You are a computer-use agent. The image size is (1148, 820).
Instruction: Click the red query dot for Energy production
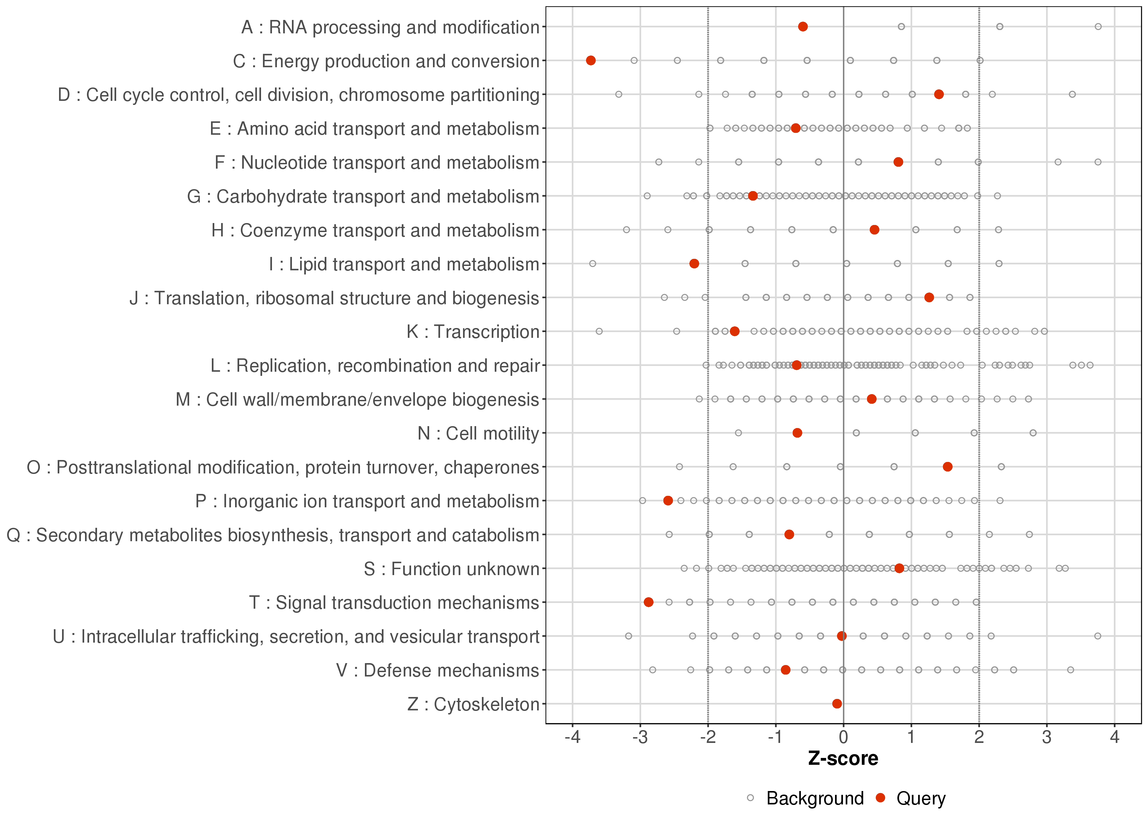point(591,61)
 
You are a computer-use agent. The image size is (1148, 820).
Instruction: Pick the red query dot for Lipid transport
point(694,263)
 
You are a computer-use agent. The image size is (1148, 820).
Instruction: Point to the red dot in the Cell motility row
point(797,433)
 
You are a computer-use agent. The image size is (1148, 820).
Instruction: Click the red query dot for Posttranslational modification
point(948,467)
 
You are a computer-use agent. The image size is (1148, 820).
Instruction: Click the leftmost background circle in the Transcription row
point(599,331)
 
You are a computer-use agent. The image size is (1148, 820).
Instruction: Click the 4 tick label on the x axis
point(1115,738)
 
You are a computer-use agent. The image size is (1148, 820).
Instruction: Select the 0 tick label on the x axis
point(844,738)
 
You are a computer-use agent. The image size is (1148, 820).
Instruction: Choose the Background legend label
point(815,798)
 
